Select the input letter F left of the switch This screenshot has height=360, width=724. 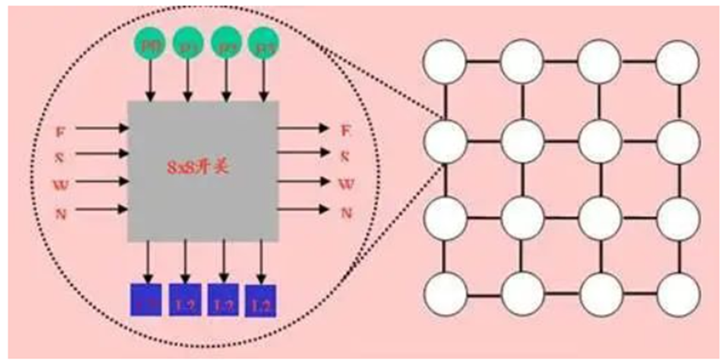[x=59, y=131]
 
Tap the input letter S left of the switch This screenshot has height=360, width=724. [x=59, y=156]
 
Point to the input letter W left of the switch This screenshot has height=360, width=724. [x=59, y=183]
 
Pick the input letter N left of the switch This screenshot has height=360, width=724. [x=59, y=212]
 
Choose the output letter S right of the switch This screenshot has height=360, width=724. [x=345, y=156]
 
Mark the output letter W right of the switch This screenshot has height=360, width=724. [x=345, y=183]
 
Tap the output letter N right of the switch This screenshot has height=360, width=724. [x=345, y=213]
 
